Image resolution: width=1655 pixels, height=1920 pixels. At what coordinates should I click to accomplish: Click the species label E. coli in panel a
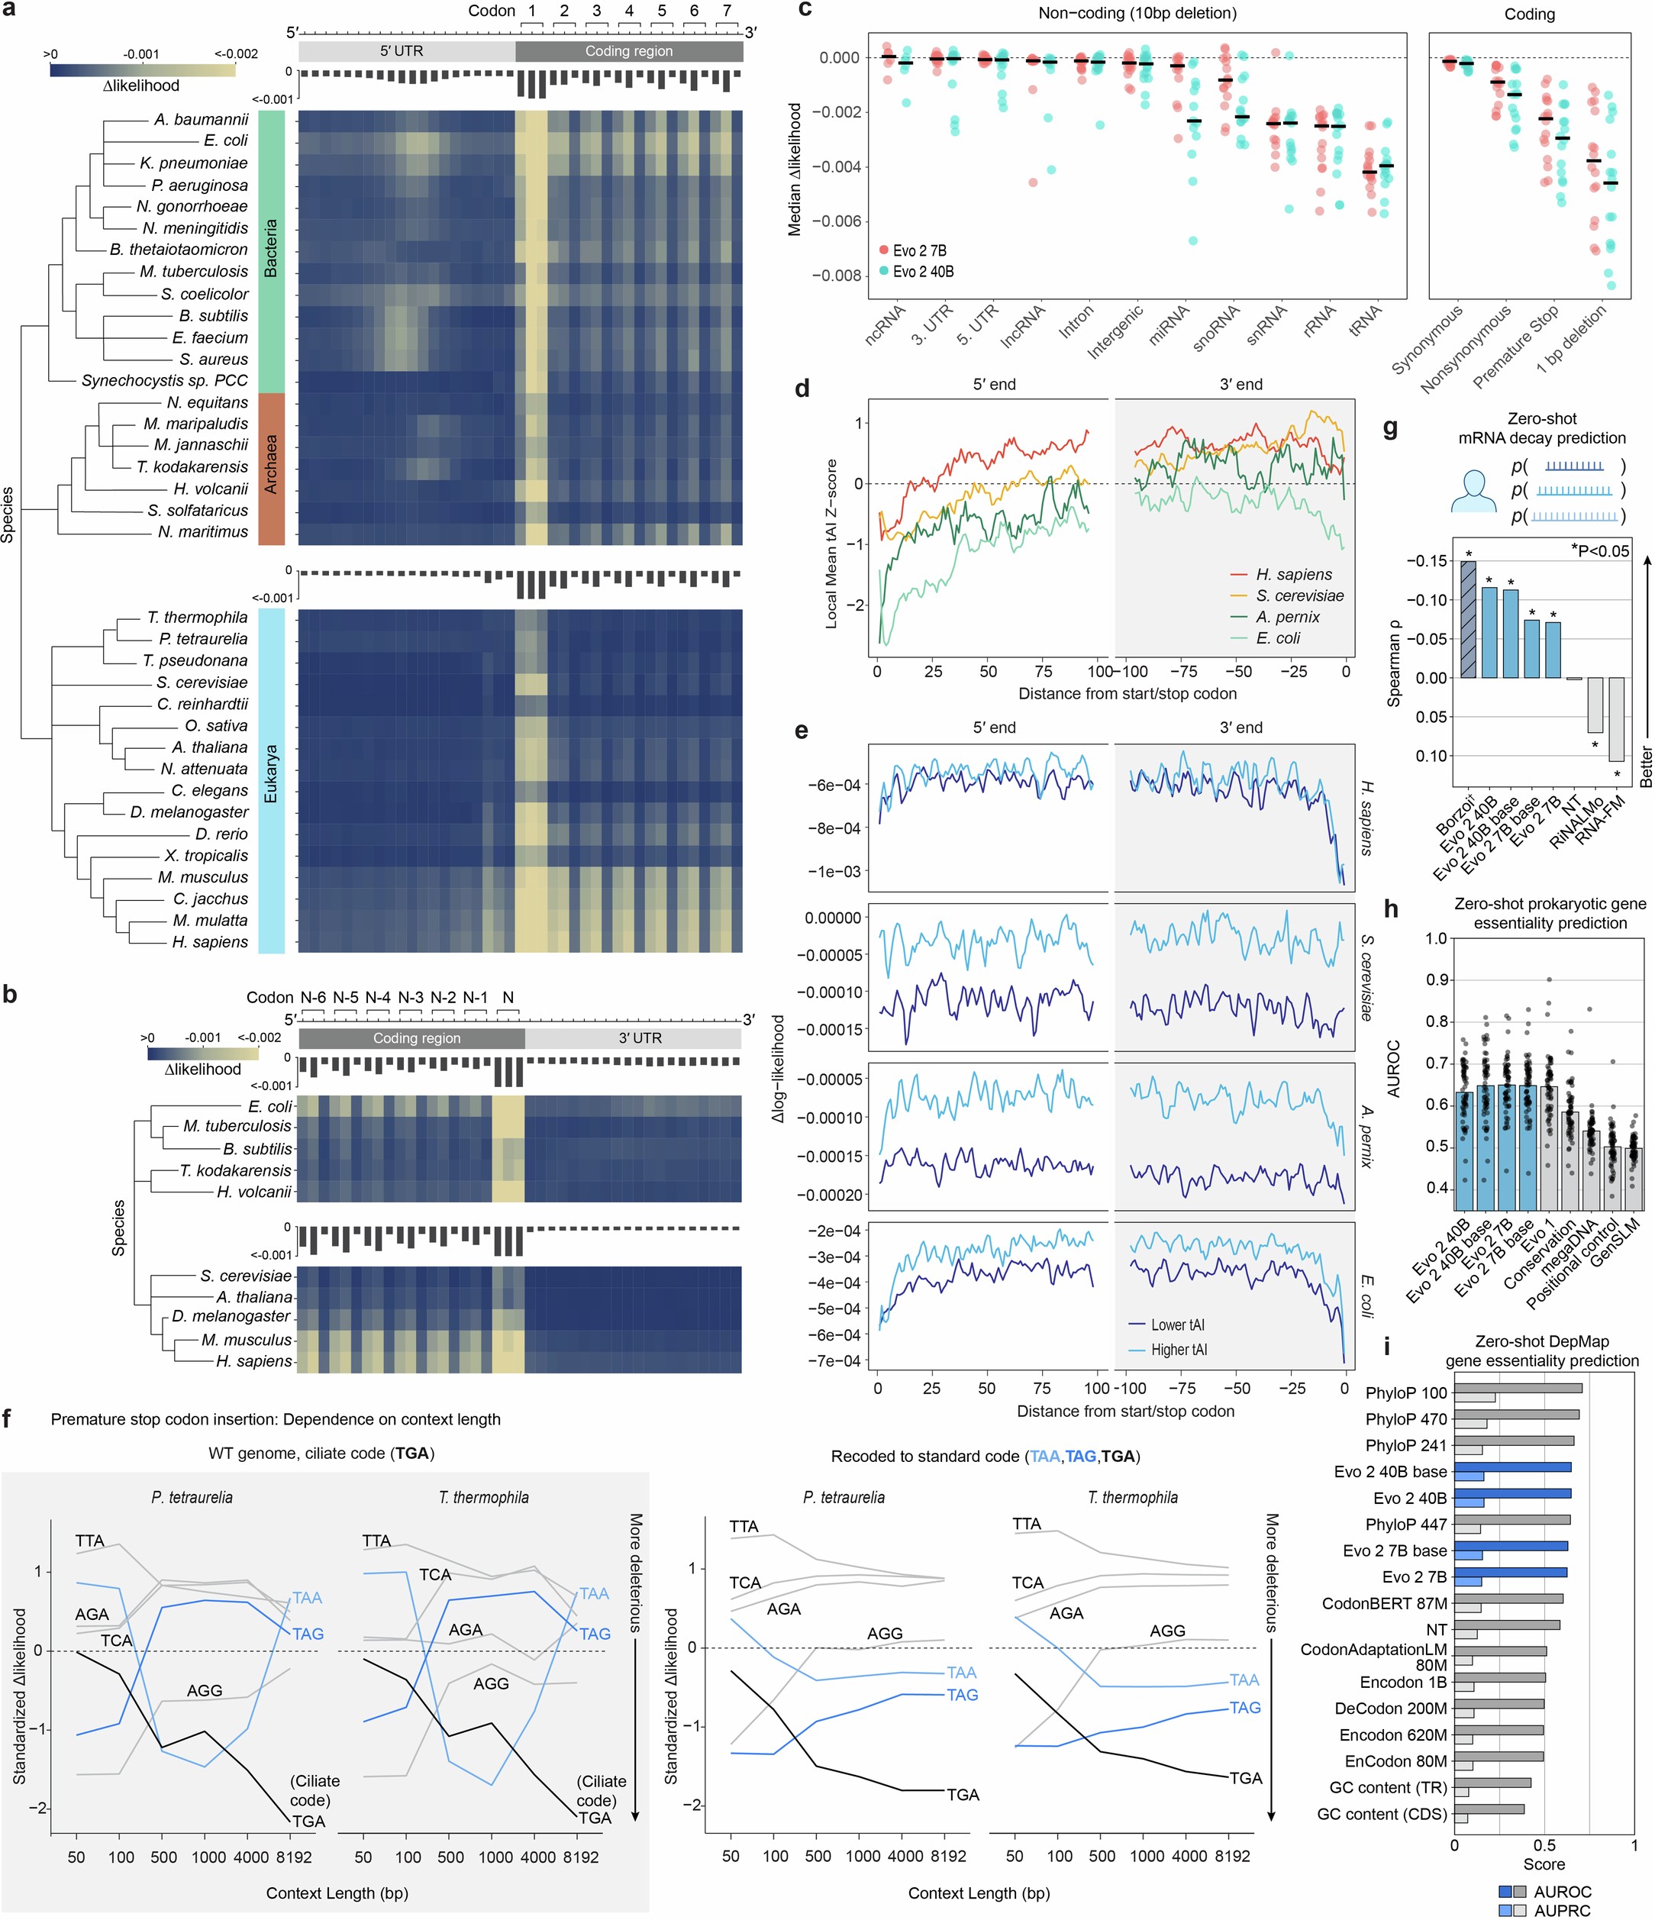(225, 140)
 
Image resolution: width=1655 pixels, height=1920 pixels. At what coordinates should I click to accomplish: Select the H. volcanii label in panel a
(211, 489)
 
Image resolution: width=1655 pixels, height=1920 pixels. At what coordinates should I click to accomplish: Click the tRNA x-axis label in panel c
(1364, 324)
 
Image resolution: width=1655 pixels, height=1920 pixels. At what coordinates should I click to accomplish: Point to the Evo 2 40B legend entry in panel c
(922, 272)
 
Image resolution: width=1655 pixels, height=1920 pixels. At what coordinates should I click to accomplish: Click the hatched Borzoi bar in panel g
(1468, 619)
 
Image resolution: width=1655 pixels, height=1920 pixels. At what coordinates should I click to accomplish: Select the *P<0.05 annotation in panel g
(1599, 551)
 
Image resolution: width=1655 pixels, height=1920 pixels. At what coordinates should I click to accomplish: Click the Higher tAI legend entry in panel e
(1178, 1350)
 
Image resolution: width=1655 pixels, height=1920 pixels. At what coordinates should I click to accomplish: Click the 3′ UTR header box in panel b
(634, 1037)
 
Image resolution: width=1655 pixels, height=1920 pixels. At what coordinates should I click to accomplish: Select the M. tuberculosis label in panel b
(237, 1126)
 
